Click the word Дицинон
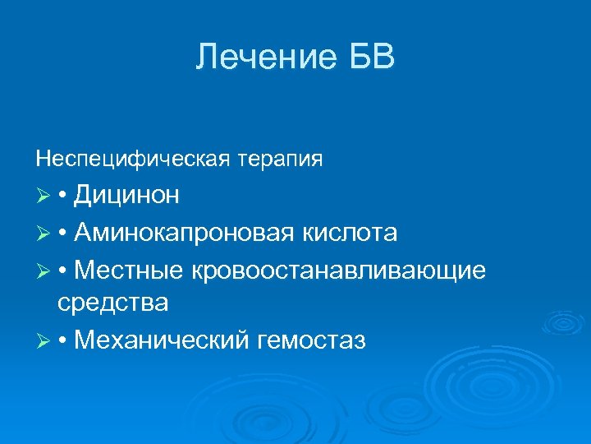tap(127, 196)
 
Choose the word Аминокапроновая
tap(182, 233)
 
